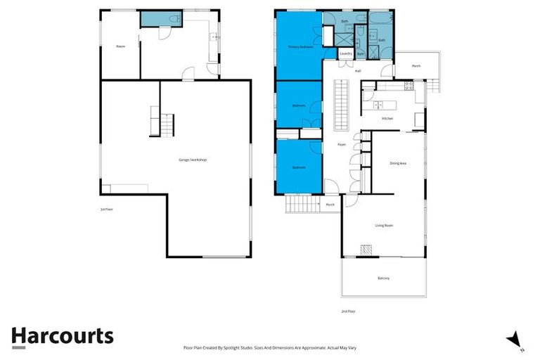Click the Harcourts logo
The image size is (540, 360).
click(x=62, y=335)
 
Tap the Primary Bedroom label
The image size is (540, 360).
click(x=300, y=47)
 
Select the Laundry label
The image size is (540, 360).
click(x=345, y=53)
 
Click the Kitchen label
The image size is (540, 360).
click(x=387, y=118)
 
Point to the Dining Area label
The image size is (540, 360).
click(x=398, y=163)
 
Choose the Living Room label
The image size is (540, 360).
click(x=383, y=225)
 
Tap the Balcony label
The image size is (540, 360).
click(x=383, y=278)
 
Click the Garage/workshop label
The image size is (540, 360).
click(x=193, y=160)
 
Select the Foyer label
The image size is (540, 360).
click(x=341, y=144)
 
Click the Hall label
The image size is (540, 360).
click(x=358, y=71)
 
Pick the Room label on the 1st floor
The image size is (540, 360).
click(x=120, y=46)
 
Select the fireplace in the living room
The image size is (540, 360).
click(x=366, y=250)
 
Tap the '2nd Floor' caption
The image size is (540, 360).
click(x=348, y=311)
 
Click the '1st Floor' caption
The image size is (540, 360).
click(x=106, y=209)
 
